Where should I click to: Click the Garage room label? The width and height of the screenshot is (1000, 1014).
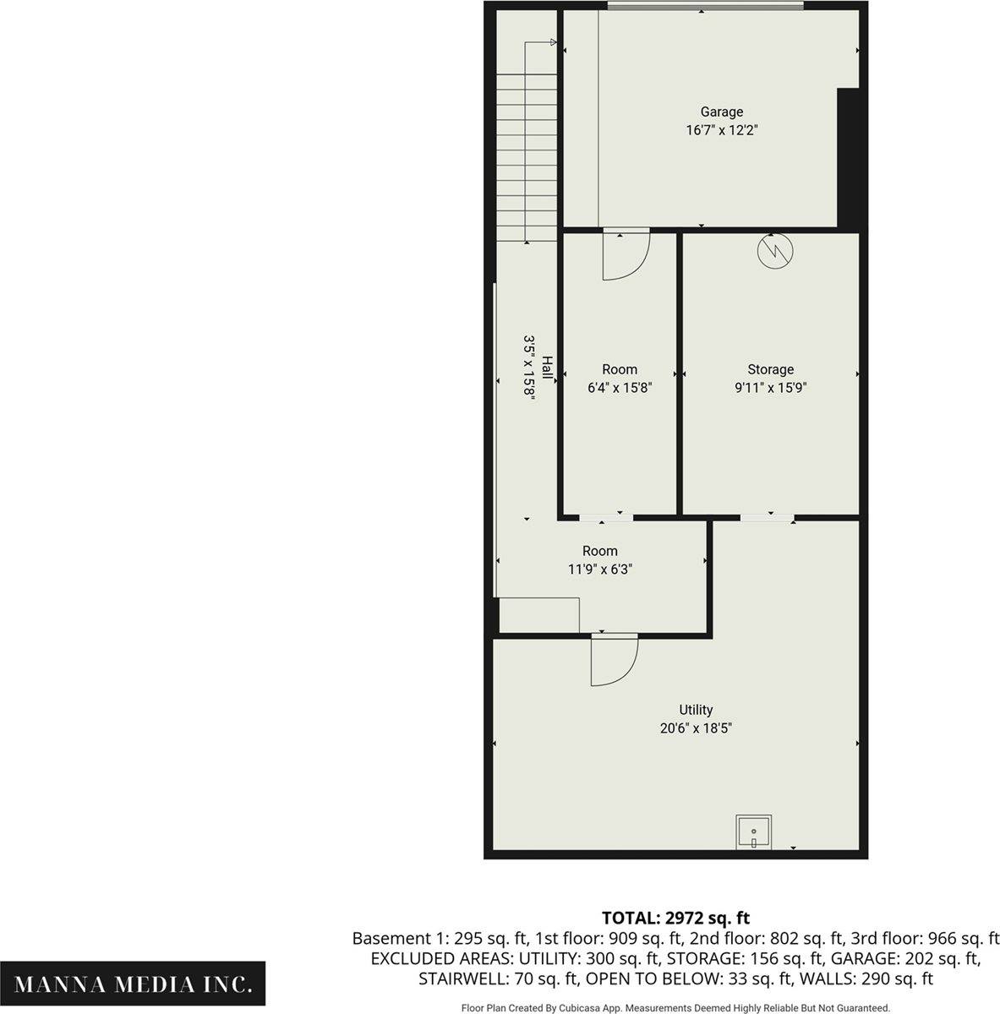721,112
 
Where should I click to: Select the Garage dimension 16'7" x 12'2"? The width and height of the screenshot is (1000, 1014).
721,130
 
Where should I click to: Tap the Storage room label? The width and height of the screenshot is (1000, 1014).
770,369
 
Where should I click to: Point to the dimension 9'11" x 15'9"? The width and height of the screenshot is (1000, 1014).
770,388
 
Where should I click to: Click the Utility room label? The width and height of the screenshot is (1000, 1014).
696,710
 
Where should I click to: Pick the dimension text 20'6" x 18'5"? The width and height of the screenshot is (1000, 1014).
696,728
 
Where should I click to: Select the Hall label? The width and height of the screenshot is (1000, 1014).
548,368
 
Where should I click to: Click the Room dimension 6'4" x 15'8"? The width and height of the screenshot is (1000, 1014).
620,388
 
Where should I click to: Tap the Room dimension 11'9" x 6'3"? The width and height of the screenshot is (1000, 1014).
599,570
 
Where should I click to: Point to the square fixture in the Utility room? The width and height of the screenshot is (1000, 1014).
753,831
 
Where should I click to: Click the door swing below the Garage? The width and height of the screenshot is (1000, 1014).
625,255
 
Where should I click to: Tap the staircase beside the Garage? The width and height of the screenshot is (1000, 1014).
526,156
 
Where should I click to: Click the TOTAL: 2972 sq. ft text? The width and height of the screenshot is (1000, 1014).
675,918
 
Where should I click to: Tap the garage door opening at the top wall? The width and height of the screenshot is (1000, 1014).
705,7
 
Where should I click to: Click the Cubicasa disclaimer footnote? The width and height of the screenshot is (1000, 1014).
675,1007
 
